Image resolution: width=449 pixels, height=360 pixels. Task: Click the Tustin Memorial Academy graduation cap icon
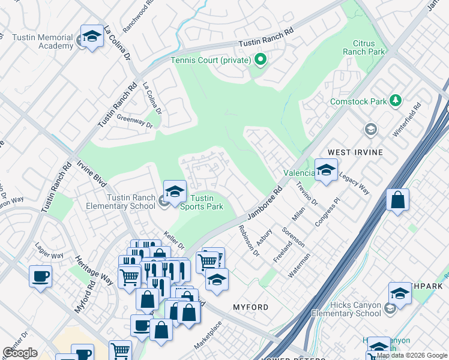(92, 37)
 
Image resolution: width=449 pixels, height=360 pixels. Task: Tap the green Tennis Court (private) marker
(260, 59)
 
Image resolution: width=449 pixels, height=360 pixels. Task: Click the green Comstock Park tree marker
(395, 101)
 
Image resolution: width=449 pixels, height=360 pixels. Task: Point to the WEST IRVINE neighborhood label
(354, 152)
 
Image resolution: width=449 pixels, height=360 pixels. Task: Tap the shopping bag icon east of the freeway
(397, 200)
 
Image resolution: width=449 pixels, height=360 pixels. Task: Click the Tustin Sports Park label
(202, 203)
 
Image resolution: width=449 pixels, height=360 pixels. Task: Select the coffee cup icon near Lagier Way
(40, 277)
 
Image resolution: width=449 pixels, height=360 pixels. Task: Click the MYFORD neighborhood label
(250, 307)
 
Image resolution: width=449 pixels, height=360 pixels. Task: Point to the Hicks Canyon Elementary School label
(346, 309)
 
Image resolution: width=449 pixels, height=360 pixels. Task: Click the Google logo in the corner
(20, 352)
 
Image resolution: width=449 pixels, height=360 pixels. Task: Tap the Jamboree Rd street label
(262, 205)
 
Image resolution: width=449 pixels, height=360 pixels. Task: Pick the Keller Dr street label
(174, 241)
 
